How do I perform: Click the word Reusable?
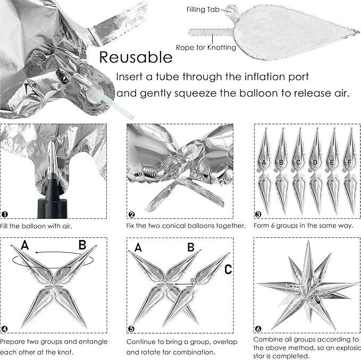(136, 57)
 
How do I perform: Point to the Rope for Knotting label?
(209, 48)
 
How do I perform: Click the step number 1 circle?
(5, 215)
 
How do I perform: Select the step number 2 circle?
(131, 215)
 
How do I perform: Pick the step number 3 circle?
(258, 215)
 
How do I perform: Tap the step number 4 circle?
(5, 328)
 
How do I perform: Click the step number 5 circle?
(131, 328)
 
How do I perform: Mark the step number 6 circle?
(258, 329)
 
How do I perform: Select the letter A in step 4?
(24, 245)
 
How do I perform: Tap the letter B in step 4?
(82, 245)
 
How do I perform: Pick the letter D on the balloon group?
(315, 162)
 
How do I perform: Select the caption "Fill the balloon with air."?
(37, 226)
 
